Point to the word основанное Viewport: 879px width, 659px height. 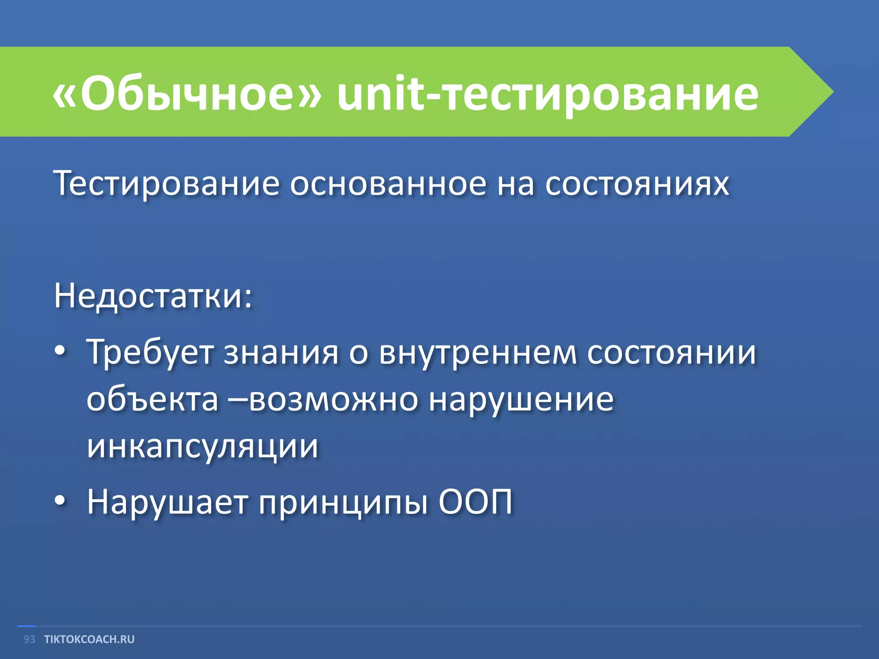click(388, 184)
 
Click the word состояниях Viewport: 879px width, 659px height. click(637, 184)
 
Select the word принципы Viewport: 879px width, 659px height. click(343, 502)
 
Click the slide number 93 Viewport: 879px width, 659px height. click(29, 639)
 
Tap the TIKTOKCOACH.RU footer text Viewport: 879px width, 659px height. click(89, 639)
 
